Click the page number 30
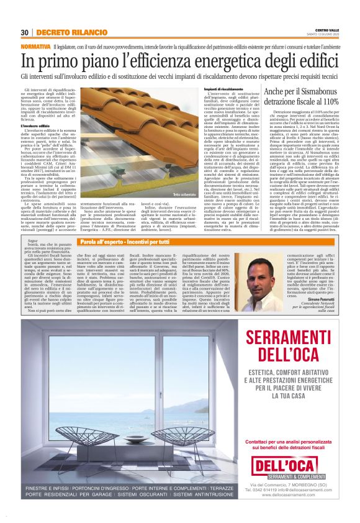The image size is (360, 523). (24, 32)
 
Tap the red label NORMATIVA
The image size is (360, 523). (36, 47)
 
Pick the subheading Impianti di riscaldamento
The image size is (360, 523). (223, 89)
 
